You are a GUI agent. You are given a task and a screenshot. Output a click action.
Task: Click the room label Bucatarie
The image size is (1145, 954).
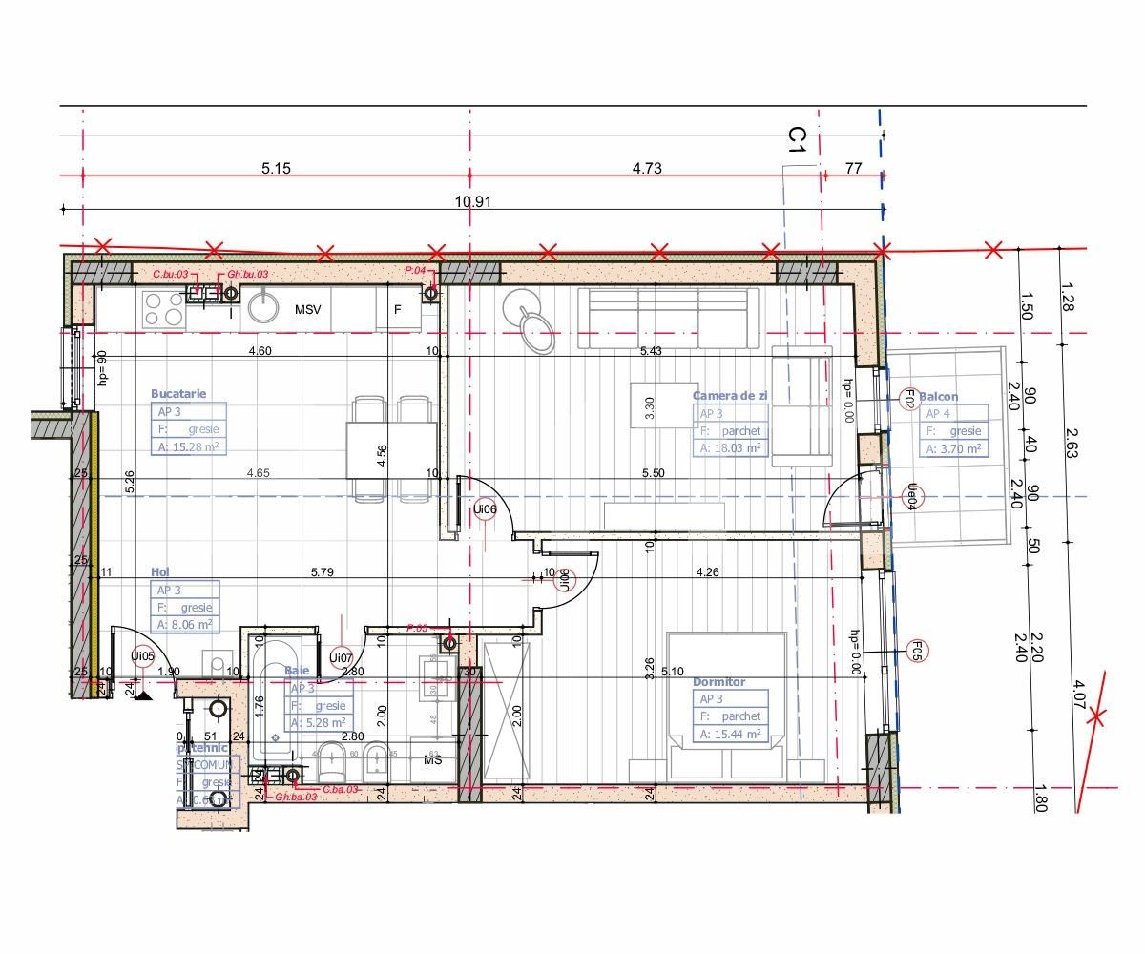[178, 393]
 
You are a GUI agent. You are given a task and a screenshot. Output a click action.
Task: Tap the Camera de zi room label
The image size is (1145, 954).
[730, 395]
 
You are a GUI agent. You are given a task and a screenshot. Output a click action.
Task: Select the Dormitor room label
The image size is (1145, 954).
[719, 682]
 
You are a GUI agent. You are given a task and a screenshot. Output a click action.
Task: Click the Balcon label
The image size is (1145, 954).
[939, 396]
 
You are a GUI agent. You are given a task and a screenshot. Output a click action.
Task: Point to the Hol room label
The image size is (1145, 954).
[160, 571]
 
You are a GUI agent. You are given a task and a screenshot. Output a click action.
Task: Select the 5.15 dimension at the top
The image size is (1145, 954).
[276, 168]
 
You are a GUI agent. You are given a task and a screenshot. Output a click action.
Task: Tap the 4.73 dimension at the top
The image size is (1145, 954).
[646, 168]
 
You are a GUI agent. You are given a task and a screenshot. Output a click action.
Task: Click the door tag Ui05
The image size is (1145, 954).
[142, 655]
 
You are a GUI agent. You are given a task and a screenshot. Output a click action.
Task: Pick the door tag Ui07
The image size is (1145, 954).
[341, 656]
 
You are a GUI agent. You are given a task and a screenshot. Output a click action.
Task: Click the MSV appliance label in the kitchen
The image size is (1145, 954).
[307, 310]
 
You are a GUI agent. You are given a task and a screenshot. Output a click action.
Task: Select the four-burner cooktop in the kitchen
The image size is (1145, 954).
[164, 309]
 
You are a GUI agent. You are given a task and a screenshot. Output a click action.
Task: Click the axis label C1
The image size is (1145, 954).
[798, 140]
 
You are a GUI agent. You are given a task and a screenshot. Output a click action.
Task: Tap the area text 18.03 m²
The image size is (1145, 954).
[730, 447]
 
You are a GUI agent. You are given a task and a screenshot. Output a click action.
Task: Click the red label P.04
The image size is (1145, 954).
[414, 271]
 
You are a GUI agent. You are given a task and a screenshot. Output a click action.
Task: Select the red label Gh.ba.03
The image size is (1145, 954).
[295, 796]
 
